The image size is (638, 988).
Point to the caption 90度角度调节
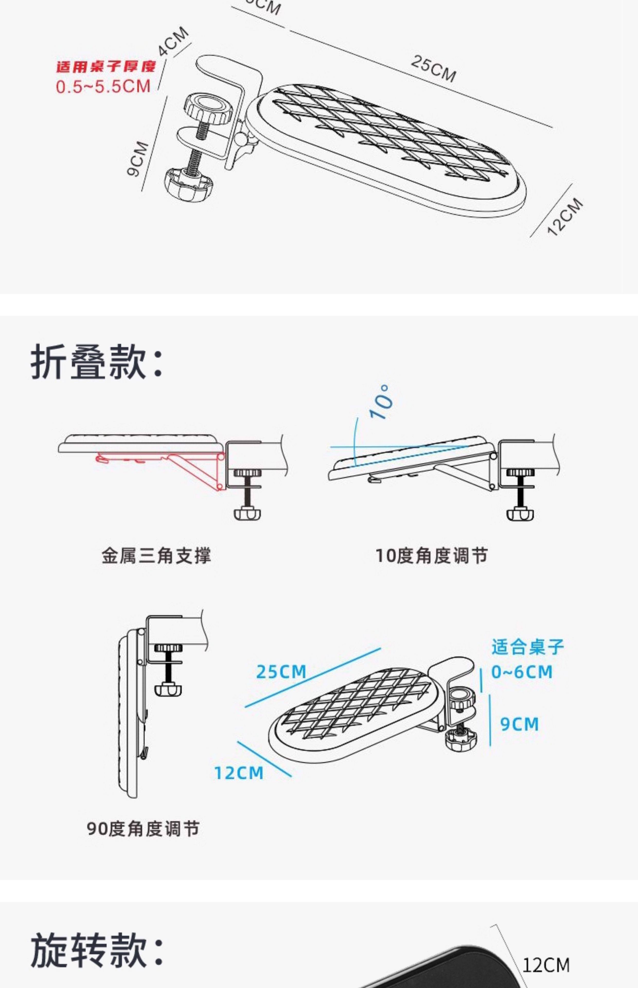(x=143, y=828)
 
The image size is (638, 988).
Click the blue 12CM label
(x=239, y=773)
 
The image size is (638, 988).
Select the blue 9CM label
(x=519, y=724)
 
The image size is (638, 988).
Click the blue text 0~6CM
(x=521, y=672)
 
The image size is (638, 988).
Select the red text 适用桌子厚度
(x=106, y=66)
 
